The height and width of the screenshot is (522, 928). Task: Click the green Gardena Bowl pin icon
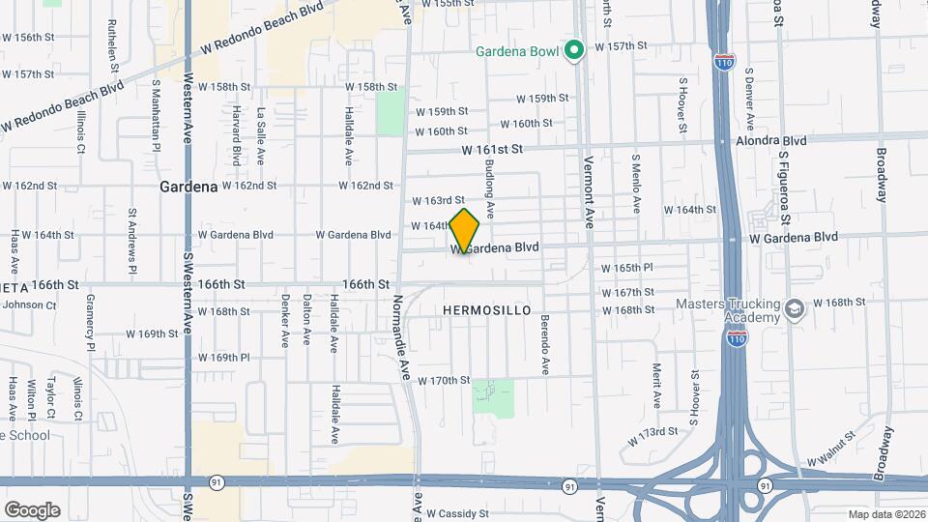point(573,47)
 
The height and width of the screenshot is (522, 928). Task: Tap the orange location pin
point(465,231)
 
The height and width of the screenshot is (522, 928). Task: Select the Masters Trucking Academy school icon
point(795,309)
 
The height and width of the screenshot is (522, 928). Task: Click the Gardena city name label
point(188,186)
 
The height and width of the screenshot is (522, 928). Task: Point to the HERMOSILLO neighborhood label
point(487,310)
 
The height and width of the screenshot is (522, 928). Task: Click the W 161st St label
point(492,150)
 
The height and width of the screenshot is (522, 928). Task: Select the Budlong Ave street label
point(490,188)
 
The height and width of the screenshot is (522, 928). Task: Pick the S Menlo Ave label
point(636,184)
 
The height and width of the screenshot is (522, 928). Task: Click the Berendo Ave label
point(545,344)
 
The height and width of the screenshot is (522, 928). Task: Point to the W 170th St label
point(444,381)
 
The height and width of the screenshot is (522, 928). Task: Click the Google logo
point(32,509)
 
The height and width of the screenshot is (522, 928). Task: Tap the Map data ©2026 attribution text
point(885,514)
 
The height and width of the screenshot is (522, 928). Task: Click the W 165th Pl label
point(627,268)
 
